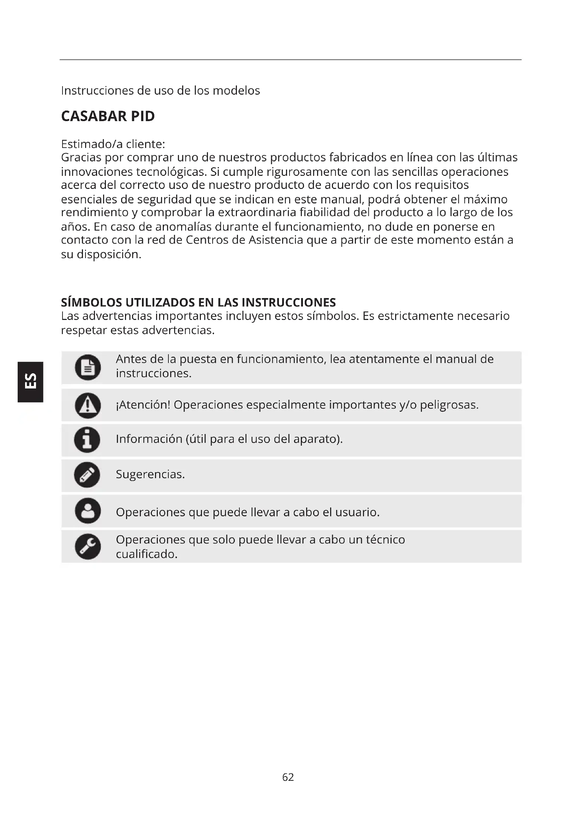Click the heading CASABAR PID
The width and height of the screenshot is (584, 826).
tap(108, 116)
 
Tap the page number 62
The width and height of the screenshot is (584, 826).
tap(288, 777)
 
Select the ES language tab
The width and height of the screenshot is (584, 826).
tap(30, 381)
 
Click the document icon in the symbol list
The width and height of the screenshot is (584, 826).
tap(88, 367)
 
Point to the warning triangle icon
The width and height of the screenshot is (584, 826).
tap(88, 405)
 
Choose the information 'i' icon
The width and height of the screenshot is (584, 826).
tap(87, 440)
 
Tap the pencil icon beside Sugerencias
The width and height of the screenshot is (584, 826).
tap(87, 475)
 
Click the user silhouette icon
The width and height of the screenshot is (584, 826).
tap(88, 511)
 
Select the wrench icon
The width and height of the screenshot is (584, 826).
tap(88, 546)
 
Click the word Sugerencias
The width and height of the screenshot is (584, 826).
tap(150, 474)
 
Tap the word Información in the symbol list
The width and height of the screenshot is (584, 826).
tap(149, 439)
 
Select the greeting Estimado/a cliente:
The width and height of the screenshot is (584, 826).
tap(113, 144)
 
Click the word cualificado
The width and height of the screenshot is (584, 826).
tap(147, 554)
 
